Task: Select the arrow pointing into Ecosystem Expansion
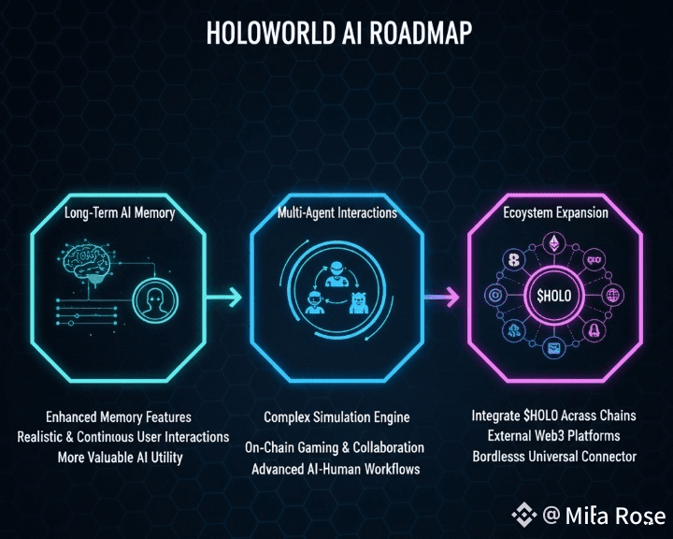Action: tap(441, 298)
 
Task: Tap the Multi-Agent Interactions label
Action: tap(336, 213)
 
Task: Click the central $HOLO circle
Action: tap(560, 296)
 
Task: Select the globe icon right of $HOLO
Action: tap(613, 296)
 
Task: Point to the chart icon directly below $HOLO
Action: tap(556, 349)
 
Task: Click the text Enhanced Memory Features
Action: tap(118, 416)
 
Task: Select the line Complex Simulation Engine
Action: tap(336, 416)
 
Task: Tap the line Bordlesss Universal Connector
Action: tap(554, 456)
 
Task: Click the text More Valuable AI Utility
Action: tap(118, 457)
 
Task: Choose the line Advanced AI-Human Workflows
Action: tap(336, 468)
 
